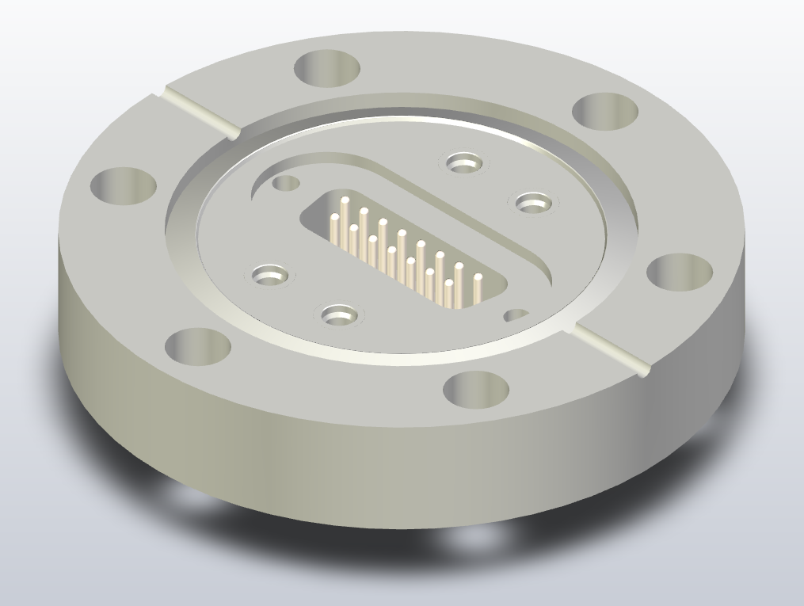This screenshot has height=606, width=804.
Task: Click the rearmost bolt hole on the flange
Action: coord(327,67)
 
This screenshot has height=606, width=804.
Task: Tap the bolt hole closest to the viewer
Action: coord(475,389)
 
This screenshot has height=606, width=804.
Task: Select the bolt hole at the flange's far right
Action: coord(679,272)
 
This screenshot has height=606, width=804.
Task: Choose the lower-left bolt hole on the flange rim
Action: coord(197,346)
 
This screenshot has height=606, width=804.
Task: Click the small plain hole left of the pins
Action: coord(286,184)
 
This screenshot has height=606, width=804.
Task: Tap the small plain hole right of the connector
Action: coord(516,314)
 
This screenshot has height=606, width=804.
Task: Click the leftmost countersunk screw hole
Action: coord(269,276)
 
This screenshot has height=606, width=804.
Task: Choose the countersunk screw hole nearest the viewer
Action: coord(339,315)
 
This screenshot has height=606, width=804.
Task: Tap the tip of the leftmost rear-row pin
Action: coord(345,199)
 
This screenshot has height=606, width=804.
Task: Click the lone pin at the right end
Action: coord(478,278)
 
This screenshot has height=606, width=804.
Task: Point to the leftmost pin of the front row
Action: coord(335,219)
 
